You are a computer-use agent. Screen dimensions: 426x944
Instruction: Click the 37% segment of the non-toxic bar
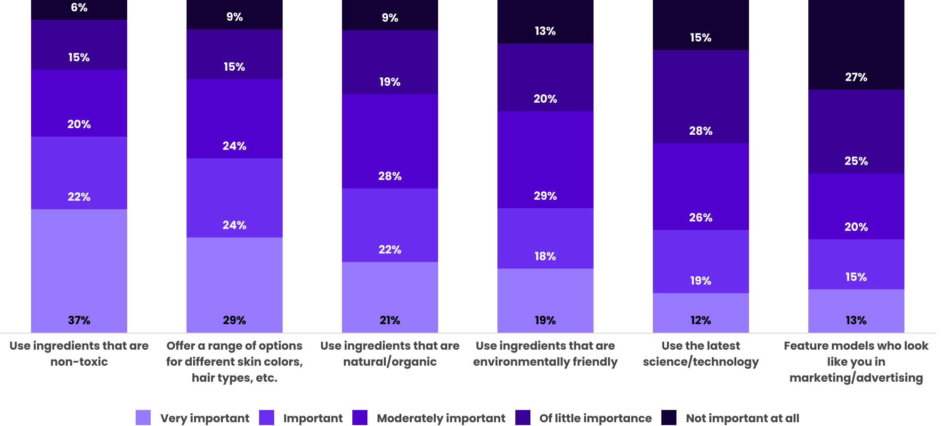79,271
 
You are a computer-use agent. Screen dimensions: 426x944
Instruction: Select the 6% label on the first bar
79,8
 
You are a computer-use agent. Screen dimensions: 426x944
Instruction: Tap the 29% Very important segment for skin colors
235,285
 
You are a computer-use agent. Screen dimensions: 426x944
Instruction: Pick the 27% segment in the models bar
856,45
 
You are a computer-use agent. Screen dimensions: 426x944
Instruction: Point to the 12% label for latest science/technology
700,320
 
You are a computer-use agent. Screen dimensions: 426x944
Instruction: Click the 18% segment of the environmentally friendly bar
545,238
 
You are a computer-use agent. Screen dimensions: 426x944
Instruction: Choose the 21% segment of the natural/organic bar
390,297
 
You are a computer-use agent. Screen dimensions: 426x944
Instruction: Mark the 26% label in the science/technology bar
700,218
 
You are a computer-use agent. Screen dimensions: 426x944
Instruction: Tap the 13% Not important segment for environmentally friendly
545,22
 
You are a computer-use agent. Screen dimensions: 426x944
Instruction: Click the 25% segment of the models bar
856,131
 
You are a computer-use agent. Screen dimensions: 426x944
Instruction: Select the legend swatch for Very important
143,418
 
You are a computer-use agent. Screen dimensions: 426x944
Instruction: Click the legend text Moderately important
441,418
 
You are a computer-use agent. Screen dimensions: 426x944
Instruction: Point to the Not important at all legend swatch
669,418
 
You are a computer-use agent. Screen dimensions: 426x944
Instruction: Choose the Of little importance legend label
595,418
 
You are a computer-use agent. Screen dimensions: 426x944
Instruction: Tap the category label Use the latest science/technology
700,354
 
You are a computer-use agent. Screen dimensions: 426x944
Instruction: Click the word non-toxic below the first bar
79,362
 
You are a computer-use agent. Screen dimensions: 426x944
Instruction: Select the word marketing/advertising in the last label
856,378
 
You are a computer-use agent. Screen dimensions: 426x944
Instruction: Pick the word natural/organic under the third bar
390,362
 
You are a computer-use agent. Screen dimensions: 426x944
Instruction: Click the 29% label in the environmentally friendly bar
545,196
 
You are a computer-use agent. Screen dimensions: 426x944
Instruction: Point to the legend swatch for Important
267,418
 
